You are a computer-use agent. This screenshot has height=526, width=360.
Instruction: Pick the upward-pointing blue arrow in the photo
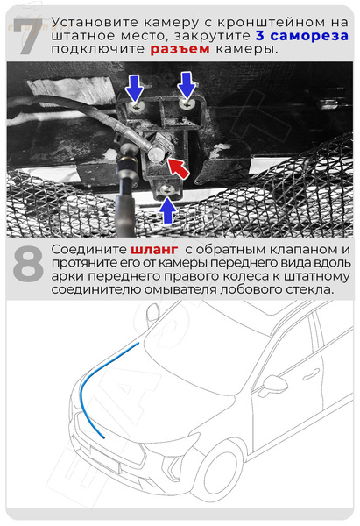click(166, 210)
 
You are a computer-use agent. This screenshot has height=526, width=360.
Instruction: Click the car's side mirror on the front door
click(274, 383)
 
